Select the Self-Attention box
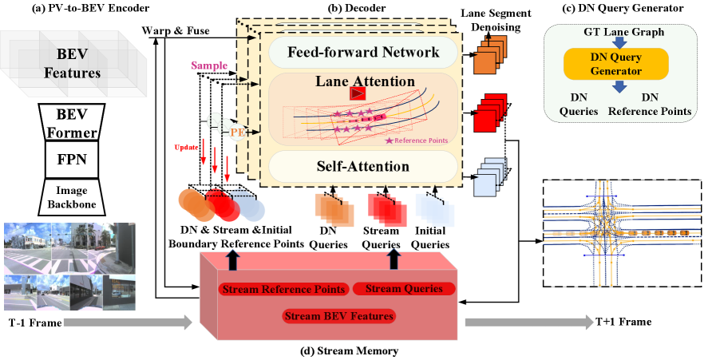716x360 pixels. (x=363, y=167)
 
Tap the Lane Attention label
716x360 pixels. (x=365, y=81)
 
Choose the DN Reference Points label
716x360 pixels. (x=650, y=103)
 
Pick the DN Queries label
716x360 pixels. (x=579, y=103)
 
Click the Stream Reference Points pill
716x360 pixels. (x=283, y=289)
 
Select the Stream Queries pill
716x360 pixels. (x=404, y=288)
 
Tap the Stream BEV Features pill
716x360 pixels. (x=339, y=316)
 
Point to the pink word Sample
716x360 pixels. (x=209, y=65)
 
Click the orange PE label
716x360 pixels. (x=237, y=131)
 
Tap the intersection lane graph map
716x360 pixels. (x=622, y=233)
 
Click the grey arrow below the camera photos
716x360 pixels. (x=128, y=322)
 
